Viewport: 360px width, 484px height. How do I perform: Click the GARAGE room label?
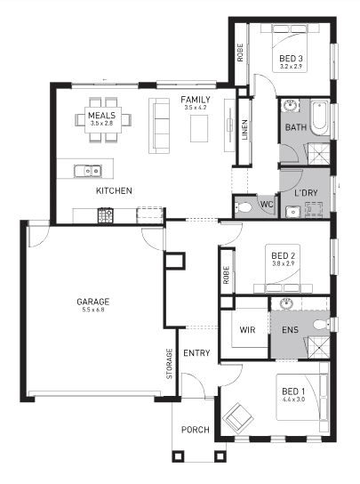(x=92, y=302)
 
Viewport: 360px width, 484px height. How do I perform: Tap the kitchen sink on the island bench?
(x=88, y=171)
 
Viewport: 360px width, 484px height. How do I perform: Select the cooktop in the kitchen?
(x=106, y=215)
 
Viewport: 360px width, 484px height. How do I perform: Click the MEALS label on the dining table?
(x=102, y=116)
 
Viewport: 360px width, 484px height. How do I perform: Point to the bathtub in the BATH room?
(x=320, y=117)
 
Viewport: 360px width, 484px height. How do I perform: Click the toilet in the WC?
(x=242, y=207)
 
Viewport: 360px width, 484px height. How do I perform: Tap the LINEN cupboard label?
(x=244, y=130)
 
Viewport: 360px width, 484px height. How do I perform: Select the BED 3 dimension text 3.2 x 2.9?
(x=291, y=67)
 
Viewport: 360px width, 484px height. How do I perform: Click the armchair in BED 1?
(x=238, y=415)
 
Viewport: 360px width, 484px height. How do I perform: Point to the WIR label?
(x=247, y=330)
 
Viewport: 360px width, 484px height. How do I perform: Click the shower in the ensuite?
(x=317, y=347)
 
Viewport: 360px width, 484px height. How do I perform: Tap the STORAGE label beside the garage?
(x=170, y=364)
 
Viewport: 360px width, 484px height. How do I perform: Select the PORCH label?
(x=196, y=430)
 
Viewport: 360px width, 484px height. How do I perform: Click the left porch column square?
(x=178, y=456)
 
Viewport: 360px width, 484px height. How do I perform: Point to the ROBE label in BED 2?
(x=226, y=275)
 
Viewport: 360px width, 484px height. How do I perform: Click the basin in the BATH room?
(x=291, y=106)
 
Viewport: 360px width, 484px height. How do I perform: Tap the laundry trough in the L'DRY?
(x=292, y=212)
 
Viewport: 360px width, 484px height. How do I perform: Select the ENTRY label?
(x=196, y=353)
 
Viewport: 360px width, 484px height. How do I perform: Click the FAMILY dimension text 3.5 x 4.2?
(x=196, y=108)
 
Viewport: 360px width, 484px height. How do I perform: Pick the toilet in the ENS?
(x=322, y=325)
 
